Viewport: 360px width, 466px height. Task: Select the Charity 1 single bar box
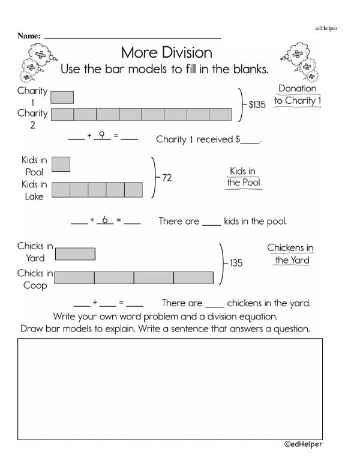pyautogui.click(x=62, y=97)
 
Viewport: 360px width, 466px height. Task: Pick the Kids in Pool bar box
pyautogui.click(x=61, y=164)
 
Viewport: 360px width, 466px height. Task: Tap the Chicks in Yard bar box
pyautogui.click(x=75, y=254)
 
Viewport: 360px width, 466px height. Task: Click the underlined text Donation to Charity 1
pyautogui.click(x=298, y=95)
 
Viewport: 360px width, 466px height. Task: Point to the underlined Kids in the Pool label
pyautogui.click(x=242, y=177)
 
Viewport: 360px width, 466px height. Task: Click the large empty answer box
pyautogui.click(x=170, y=388)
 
